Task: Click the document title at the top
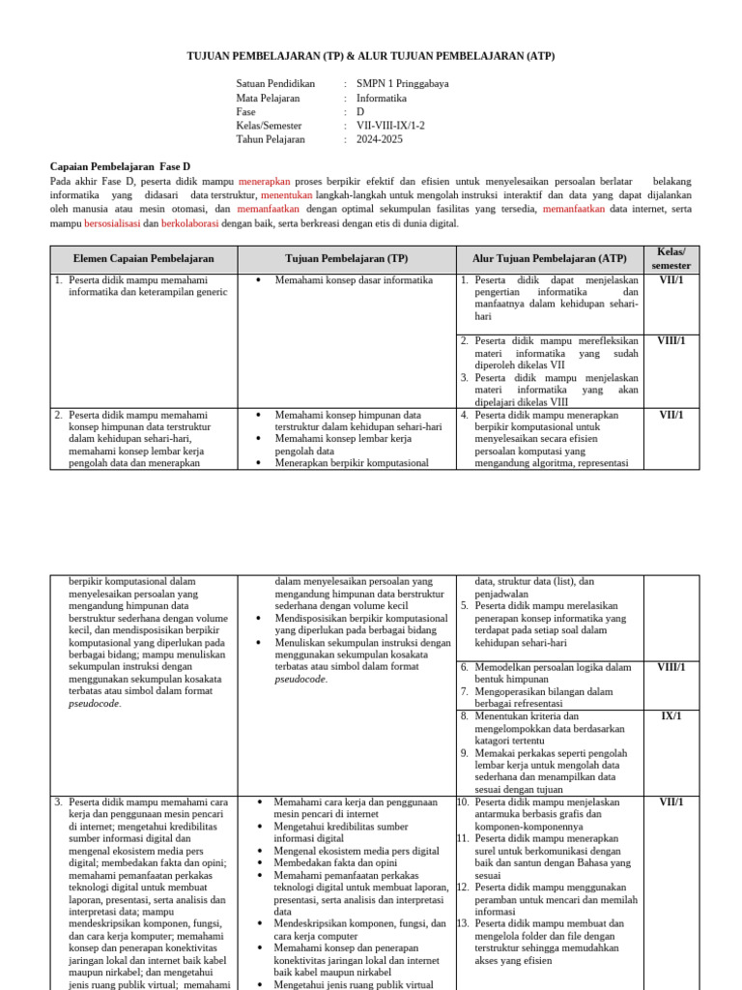click(x=371, y=57)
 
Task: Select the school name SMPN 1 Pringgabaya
click(x=402, y=84)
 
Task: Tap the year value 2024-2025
click(x=380, y=139)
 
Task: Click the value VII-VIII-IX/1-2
click(x=390, y=126)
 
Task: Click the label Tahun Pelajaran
click(x=271, y=139)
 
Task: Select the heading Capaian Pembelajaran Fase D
click(x=120, y=166)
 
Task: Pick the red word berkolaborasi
click(x=189, y=223)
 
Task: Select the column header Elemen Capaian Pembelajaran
click(x=143, y=259)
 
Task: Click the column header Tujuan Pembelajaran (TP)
click(x=347, y=259)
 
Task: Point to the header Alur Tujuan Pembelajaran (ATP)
click(x=549, y=259)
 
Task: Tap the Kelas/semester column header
click(x=671, y=258)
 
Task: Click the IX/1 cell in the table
click(x=671, y=716)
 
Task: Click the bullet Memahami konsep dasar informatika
click(x=354, y=280)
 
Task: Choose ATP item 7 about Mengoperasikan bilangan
click(x=543, y=698)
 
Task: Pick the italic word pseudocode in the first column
click(x=95, y=704)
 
